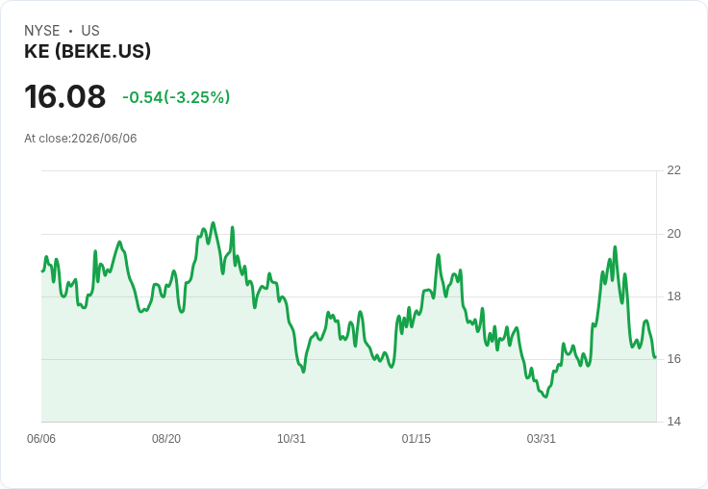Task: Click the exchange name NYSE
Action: point(42,31)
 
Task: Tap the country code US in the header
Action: point(90,31)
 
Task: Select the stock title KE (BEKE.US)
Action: point(88,52)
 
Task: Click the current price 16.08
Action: point(65,96)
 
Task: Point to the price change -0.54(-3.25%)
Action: point(176,97)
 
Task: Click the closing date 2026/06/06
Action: point(104,139)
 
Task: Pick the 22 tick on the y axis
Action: point(674,170)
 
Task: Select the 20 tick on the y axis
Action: point(674,234)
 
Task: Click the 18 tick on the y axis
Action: point(674,296)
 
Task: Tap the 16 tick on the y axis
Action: point(674,359)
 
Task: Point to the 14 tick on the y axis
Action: point(674,422)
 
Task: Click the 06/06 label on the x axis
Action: point(41,439)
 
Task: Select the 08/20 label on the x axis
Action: point(166,439)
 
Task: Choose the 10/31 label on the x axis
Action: point(291,439)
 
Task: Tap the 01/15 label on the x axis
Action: point(417,439)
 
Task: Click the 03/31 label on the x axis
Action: point(541,439)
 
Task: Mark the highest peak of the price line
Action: point(214,222)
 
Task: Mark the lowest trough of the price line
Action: point(545,397)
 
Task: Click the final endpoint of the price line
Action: point(655,357)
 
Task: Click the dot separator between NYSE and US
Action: point(70,31)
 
